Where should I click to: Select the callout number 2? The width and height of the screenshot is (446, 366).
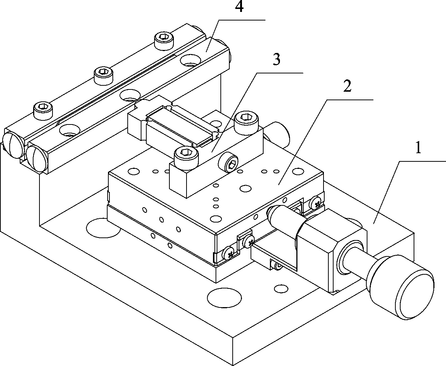pos(347,87)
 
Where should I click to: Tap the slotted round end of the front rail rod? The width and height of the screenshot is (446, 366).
pos(36,157)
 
